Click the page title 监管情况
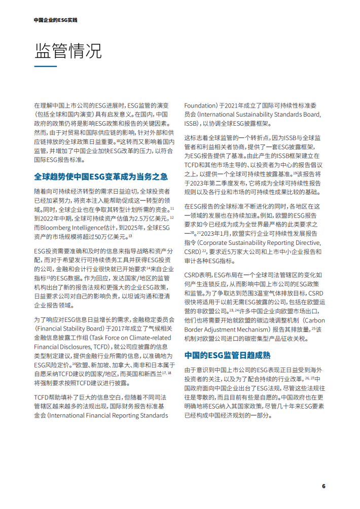pos(68,50)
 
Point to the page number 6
pos(323,487)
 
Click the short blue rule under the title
pos(45,66)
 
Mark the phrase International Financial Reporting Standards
pos(121,415)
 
